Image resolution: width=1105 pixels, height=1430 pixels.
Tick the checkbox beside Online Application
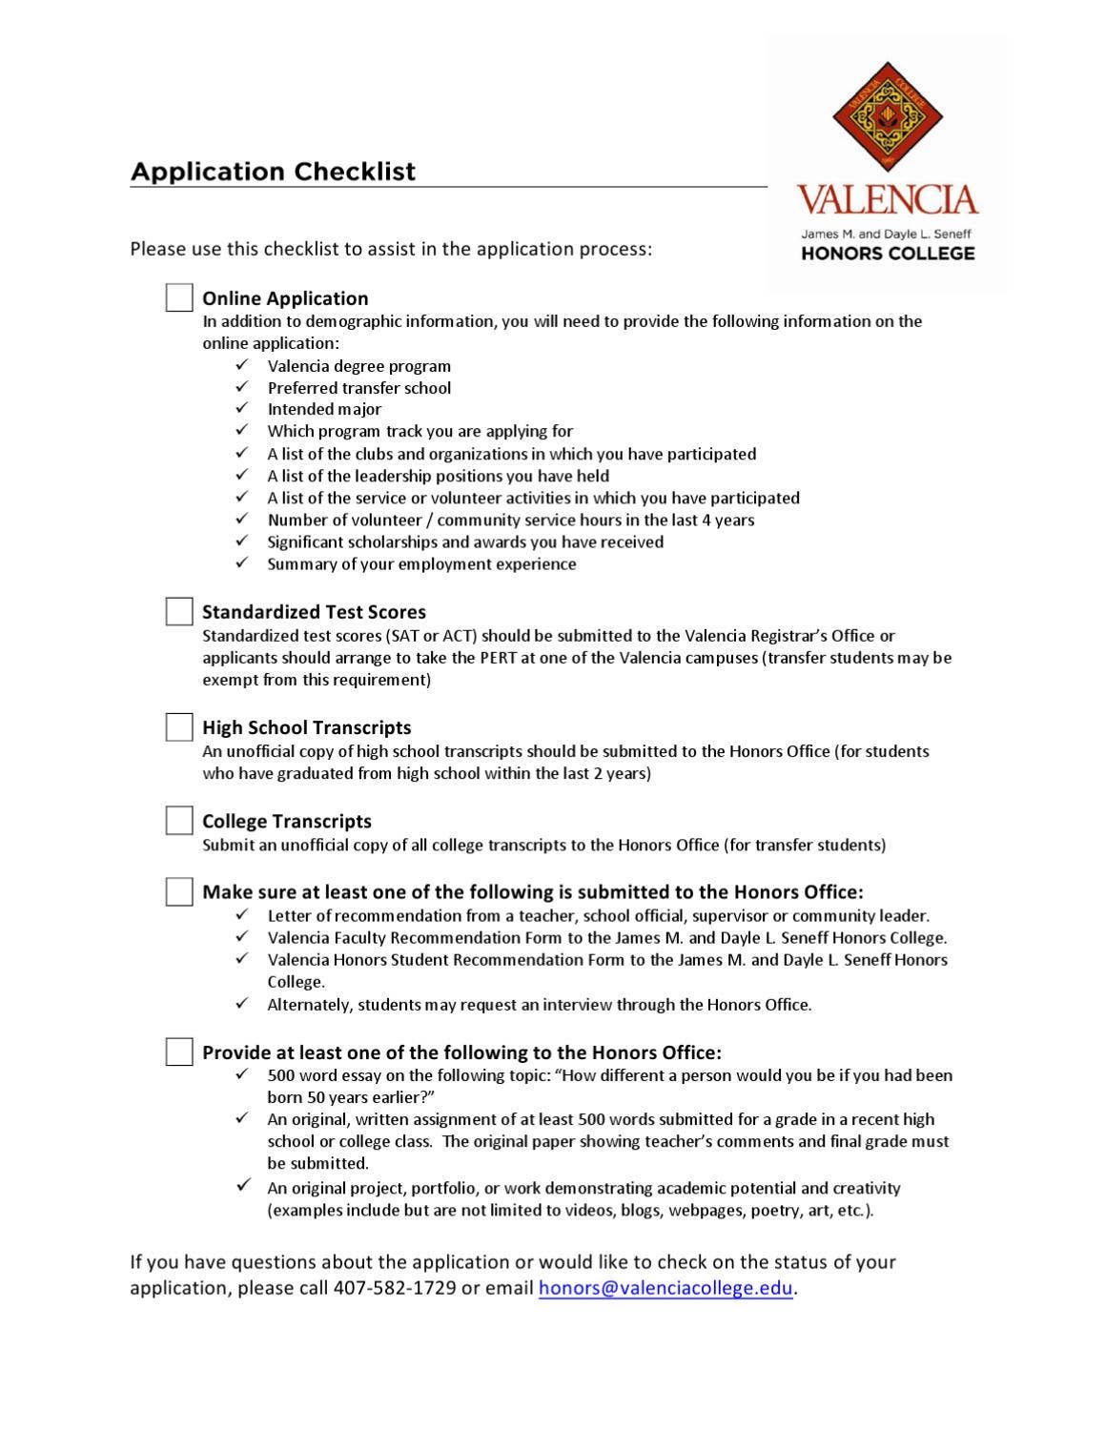click(x=179, y=297)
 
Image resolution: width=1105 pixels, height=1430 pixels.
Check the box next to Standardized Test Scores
click(x=179, y=611)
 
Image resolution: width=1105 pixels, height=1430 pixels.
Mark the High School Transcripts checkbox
click(x=179, y=727)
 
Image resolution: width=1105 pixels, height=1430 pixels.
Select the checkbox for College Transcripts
click(x=179, y=821)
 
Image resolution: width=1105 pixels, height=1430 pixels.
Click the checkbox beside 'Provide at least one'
click(x=179, y=1052)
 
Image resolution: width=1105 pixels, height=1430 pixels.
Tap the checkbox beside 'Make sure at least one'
click(x=179, y=891)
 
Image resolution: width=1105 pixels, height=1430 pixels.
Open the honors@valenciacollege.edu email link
click(x=665, y=1288)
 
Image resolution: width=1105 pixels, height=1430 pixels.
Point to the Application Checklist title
click(x=273, y=172)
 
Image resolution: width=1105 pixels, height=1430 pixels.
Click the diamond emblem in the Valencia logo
click(x=887, y=117)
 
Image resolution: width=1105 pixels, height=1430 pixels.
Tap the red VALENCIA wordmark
click(x=887, y=200)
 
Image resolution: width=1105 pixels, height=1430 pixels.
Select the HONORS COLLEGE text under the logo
click(x=887, y=254)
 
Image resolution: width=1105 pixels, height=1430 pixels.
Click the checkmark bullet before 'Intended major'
click(x=242, y=408)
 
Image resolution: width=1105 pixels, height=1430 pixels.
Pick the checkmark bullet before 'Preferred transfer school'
click(x=242, y=386)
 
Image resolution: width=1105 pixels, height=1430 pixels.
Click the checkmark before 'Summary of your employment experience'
click(x=242, y=562)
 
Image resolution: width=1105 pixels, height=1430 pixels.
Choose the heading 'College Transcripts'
click(x=287, y=821)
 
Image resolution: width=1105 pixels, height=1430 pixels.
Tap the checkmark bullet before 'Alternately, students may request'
click(x=242, y=1003)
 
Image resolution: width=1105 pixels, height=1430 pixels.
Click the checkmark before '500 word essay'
click(x=242, y=1073)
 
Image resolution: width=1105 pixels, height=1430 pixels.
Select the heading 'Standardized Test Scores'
click(x=314, y=612)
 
